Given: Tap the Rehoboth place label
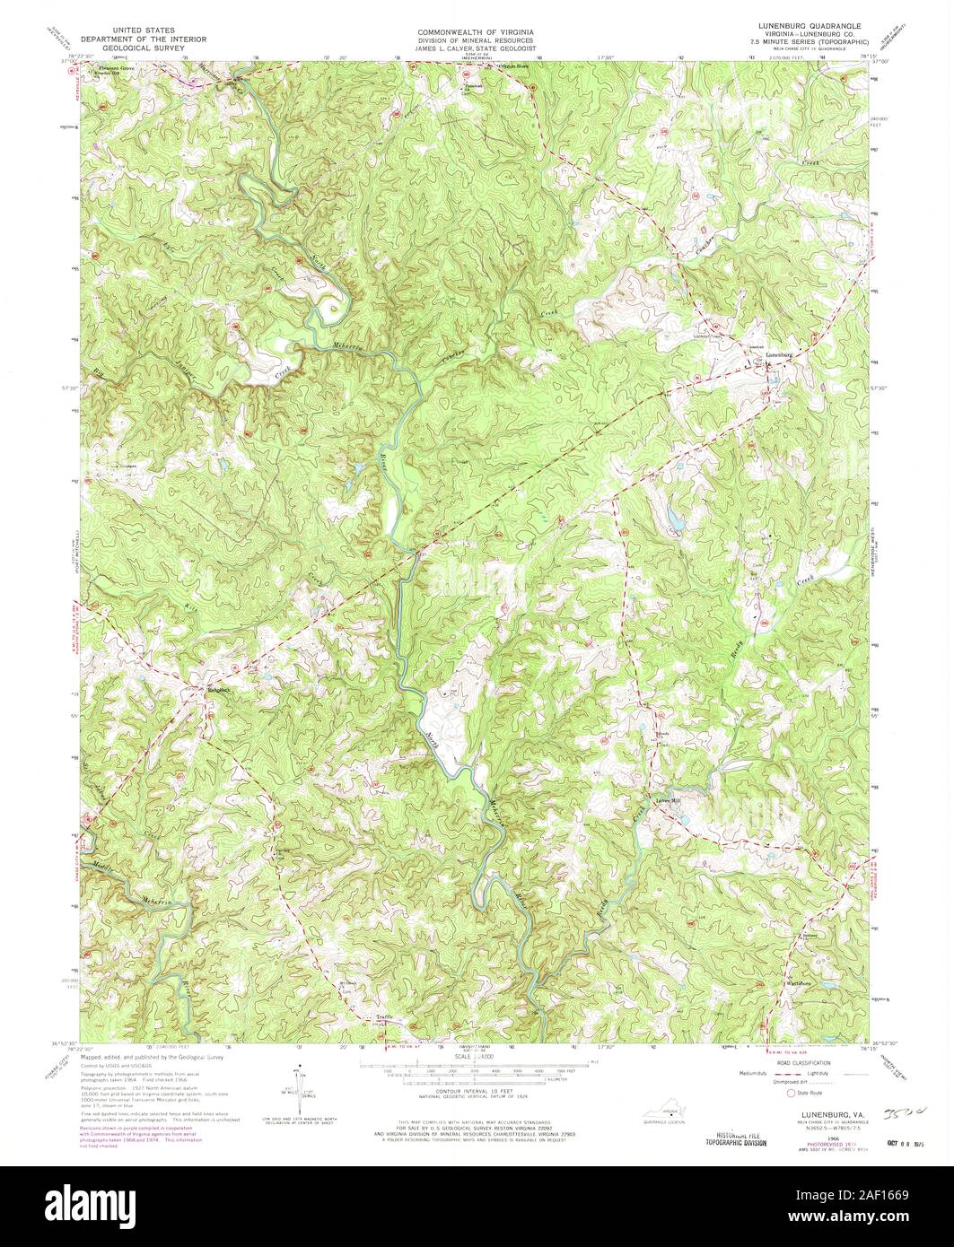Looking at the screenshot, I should pyautogui.click(x=213, y=690).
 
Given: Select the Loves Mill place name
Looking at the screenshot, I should pyautogui.click(x=668, y=801).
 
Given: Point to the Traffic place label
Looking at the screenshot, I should pyautogui.click(x=383, y=1017).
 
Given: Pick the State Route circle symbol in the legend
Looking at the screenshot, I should pyautogui.click(x=791, y=1094).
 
